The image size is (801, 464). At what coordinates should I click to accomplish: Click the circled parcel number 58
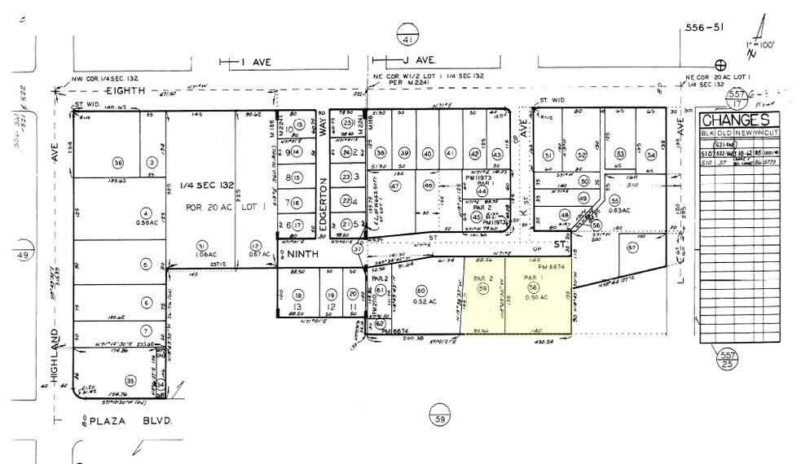534,287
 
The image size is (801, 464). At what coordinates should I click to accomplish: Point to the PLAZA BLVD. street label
119,422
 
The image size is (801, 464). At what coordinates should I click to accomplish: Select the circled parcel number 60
421,291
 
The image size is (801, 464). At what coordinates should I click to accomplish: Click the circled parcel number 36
118,164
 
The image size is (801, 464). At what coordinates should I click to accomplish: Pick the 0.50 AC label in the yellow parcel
534,299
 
